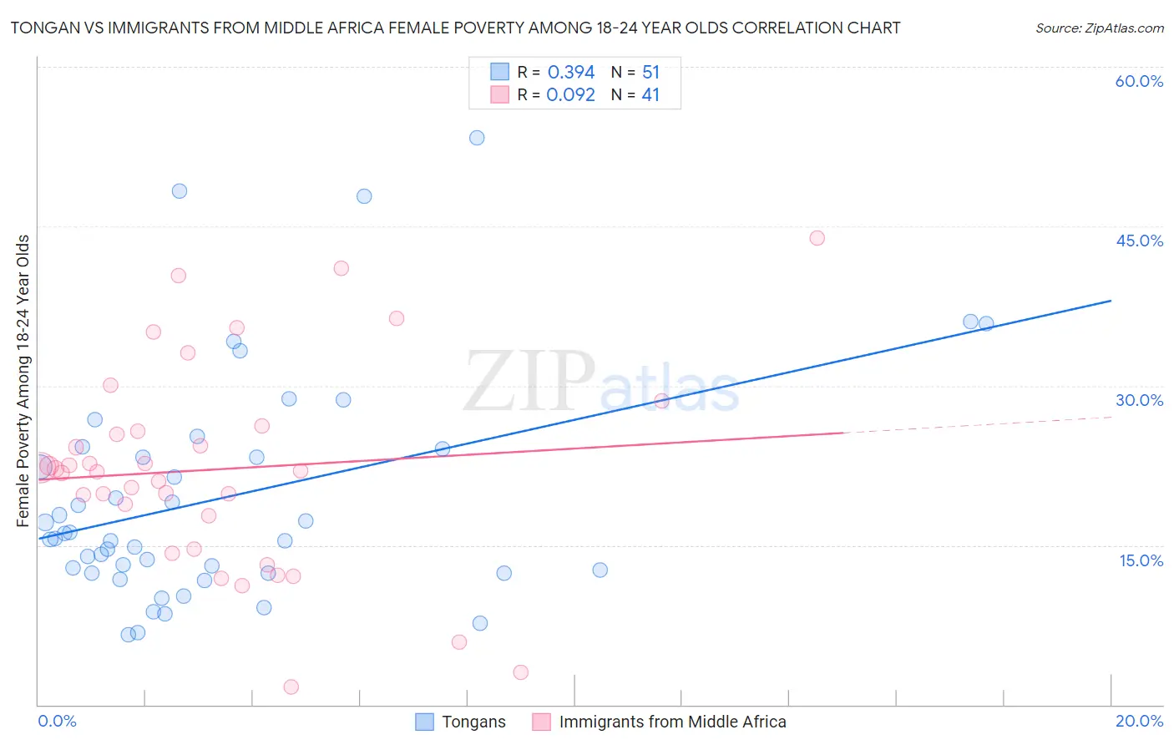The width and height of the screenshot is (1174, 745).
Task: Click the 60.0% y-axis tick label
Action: click(1139, 81)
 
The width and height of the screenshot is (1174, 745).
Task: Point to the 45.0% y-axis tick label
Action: click(1139, 241)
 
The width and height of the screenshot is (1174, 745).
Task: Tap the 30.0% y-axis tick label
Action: click(1139, 400)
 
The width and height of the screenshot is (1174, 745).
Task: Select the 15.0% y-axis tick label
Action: click(1141, 560)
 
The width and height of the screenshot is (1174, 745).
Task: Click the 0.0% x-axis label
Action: click(57, 721)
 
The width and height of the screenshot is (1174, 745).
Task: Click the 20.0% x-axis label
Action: click(1139, 721)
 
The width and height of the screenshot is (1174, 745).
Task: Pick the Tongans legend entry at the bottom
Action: click(473, 722)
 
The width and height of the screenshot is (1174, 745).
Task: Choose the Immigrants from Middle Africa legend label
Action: click(672, 722)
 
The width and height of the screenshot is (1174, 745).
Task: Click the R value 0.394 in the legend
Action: click(571, 73)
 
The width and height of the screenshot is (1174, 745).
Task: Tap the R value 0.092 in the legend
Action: click(570, 95)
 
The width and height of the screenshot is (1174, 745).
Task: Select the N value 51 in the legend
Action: click(650, 73)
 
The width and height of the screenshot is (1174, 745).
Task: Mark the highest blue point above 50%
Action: click(477, 138)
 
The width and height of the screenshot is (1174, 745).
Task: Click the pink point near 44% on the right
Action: click(817, 238)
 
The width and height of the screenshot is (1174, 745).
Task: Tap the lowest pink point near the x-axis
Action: click(291, 687)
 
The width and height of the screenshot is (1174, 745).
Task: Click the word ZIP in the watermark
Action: click(528, 381)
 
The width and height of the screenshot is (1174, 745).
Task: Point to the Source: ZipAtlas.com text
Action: click(1099, 28)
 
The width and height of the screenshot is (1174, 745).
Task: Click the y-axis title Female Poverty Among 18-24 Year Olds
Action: click(23, 381)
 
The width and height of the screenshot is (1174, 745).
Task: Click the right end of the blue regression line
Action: click(1111, 301)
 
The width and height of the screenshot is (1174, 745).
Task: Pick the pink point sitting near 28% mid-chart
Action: click(661, 401)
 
